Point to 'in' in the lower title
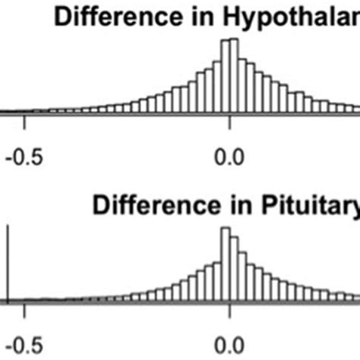coord(219,204)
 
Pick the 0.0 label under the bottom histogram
coord(229,342)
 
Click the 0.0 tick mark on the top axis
coord(229,120)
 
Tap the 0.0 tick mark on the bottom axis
coord(229,308)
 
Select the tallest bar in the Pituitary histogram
coord(226,266)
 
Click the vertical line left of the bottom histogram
coord(8,266)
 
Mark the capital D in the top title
coord(62,17)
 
